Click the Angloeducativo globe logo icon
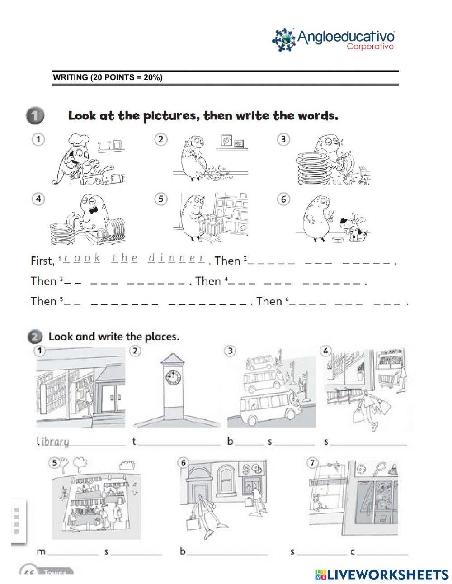coord(284,40)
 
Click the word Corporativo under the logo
coord(370,47)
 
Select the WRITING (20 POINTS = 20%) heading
coord(108,77)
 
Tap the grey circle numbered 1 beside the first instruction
coord(35,116)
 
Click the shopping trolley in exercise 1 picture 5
coord(208,224)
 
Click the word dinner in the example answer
coord(176,259)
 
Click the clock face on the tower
coord(172,378)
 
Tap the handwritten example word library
coord(53,442)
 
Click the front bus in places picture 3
coord(264,409)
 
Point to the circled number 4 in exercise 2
coord(326,351)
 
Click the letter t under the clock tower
coord(134,442)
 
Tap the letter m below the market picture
coord(41,552)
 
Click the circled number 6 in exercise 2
coord(183,463)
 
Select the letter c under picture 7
coord(352,552)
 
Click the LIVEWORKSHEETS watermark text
coord(387,575)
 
